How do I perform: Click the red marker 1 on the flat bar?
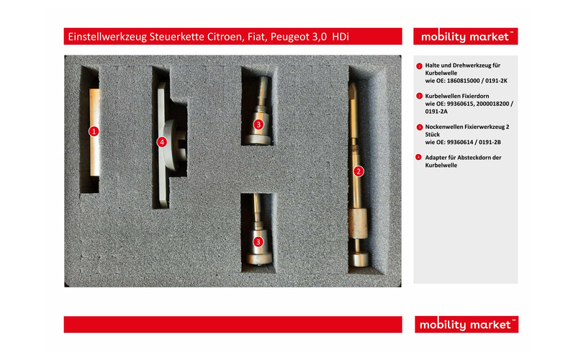click(x=94, y=131)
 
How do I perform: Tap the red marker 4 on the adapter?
click(x=161, y=142)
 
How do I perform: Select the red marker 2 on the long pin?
click(x=359, y=171)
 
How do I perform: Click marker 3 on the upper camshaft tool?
click(x=258, y=125)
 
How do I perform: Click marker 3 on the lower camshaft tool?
click(x=258, y=242)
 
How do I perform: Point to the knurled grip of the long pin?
click(x=357, y=223)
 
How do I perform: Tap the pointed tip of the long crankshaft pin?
click(x=353, y=84)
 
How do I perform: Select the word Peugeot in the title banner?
click(x=287, y=37)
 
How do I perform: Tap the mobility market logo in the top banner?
click(x=465, y=37)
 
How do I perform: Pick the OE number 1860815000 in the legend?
click(x=463, y=81)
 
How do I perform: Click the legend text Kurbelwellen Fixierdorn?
click(x=457, y=96)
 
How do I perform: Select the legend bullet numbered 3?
click(x=419, y=127)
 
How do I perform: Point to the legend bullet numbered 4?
click(x=419, y=157)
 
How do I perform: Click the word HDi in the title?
click(x=340, y=37)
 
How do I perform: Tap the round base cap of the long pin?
click(x=358, y=258)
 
